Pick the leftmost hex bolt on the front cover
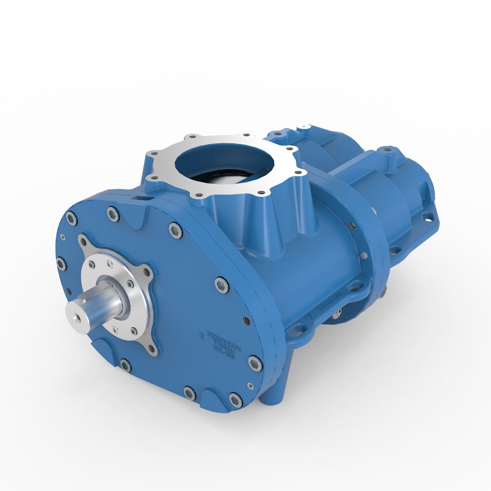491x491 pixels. (61, 264)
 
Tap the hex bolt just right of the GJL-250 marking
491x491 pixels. (255, 362)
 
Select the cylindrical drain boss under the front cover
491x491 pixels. (272, 399)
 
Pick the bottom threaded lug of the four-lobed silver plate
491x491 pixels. (152, 349)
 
